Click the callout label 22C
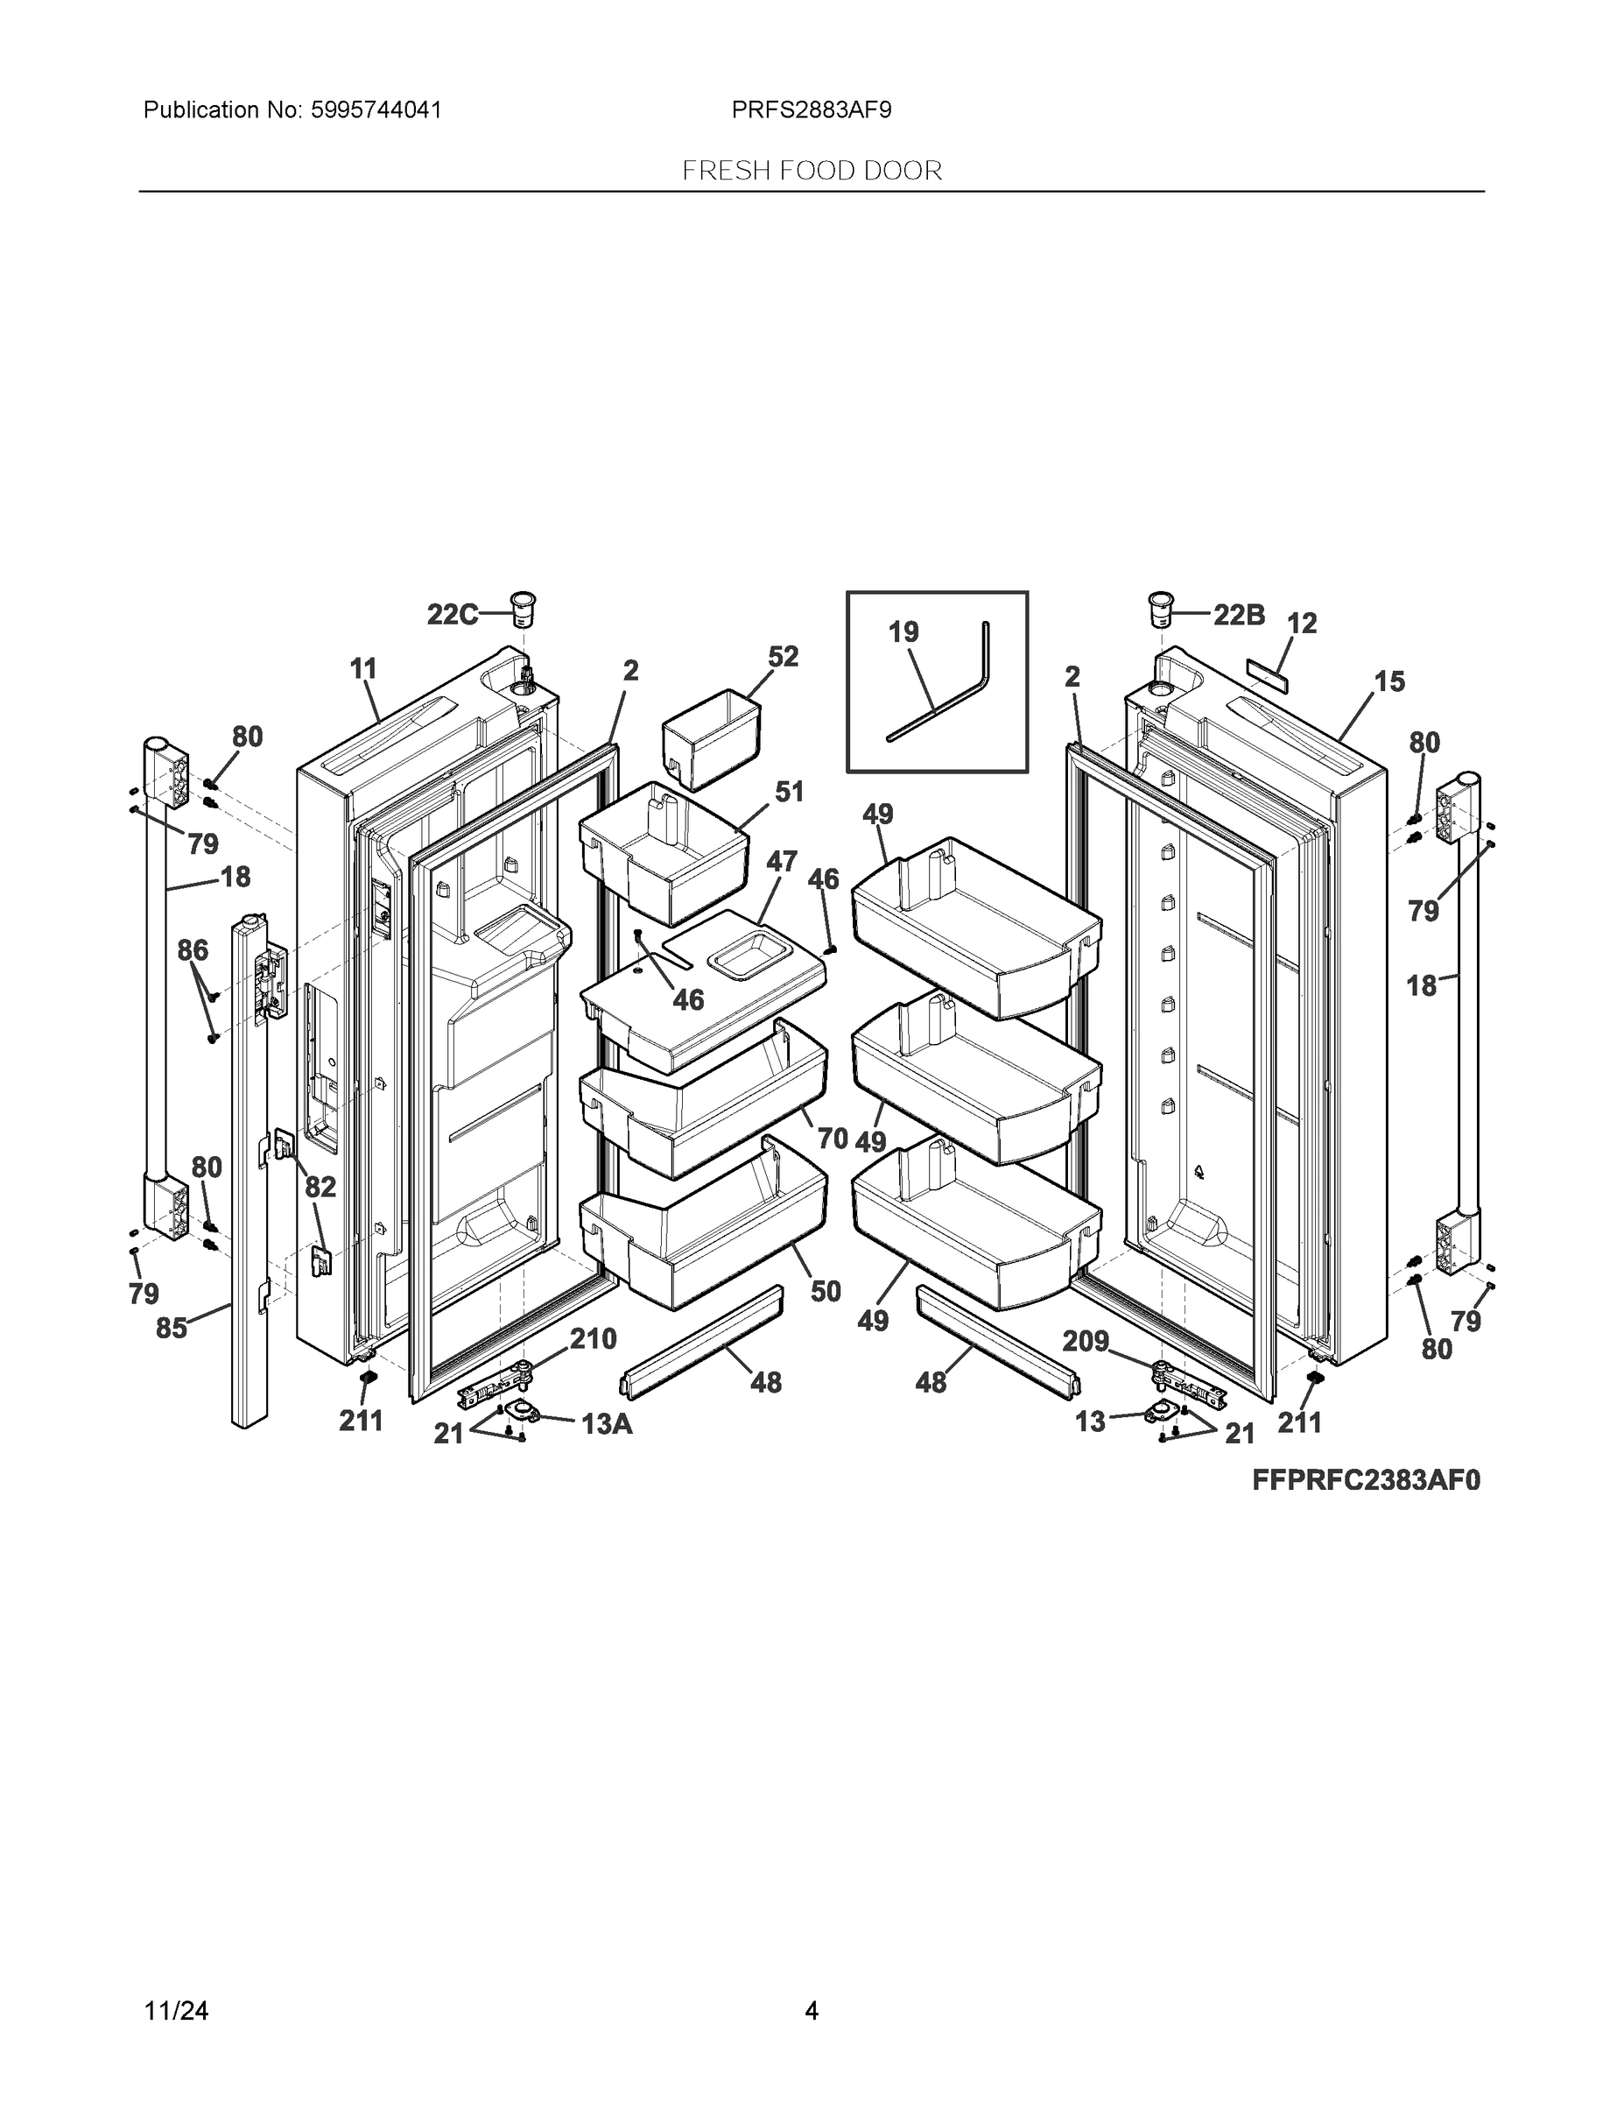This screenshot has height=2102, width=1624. click(x=452, y=614)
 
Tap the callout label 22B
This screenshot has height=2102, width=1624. click(x=1238, y=615)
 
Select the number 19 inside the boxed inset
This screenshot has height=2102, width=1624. click(x=903, y=632)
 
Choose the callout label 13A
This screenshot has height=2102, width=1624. click(x=607, y=1424)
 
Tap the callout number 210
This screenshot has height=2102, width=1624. click(x=593, y=1339)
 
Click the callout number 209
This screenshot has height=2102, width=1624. click(x=1086, y=1341)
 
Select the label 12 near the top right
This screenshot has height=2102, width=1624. click(x=1302, y=624)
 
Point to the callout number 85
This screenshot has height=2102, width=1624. click(x=172, y=1330)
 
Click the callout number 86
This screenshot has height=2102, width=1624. click(x=193, y=951)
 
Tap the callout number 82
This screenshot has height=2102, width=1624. click(x=320, y=1188)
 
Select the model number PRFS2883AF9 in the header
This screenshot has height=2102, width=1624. click(x=811, y=110)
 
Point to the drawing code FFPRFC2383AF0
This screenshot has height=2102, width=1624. click(x=1365, y=1480)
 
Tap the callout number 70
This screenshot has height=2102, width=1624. click(x=833, y=1139)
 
